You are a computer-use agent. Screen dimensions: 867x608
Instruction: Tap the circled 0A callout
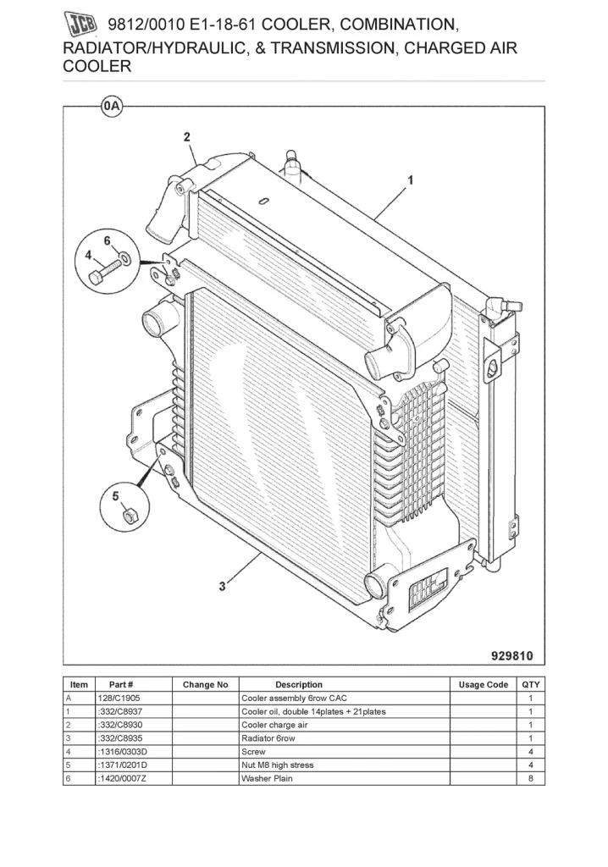pos(111,107)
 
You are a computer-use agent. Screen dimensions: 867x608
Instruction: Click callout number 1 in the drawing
pos(411,179)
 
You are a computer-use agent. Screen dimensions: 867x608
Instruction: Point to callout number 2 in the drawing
pos(186,136)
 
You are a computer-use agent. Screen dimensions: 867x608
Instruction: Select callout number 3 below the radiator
pos(222,586)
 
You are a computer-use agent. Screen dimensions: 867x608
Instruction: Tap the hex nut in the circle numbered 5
pos(128,516)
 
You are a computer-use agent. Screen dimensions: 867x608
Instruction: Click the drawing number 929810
pos(512,655)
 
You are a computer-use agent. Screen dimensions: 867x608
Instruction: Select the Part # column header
pos(121,684)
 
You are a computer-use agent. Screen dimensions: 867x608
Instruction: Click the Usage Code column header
pos(484,684)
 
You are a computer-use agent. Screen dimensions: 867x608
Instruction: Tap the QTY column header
pos(531,684)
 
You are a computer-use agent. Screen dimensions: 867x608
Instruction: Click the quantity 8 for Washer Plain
pos(530,778)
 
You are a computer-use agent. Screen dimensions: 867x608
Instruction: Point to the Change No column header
pos(205,684)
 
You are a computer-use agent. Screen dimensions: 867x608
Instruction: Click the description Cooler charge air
pos(274,725)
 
